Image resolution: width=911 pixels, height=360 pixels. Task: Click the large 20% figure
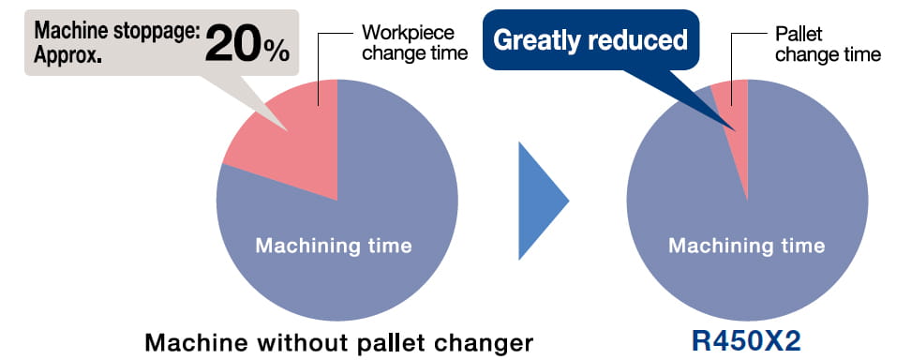[x=246, y=44]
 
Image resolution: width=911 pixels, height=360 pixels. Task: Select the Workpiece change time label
[x=414, y=42]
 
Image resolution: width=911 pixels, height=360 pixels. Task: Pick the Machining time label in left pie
[x=334, y=246]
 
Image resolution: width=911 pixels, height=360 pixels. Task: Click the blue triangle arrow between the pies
[x=541, y=201]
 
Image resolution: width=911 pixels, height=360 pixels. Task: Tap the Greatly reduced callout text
[x=590, y=40]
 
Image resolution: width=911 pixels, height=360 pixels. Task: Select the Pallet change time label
[x=828, y=44]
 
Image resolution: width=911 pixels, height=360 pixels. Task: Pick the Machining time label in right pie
[x=747, y=246]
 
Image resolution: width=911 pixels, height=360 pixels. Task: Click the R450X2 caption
[x=746, y=342]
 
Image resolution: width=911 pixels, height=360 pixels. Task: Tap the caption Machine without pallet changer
[x=338, y=343]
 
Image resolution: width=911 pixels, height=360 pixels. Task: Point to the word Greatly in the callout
[x=539, y=40]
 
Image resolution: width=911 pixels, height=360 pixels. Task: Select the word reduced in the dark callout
[x=640, y=39]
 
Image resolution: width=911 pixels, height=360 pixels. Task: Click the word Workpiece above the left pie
[x=408, y=33]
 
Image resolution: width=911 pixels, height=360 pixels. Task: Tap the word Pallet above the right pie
[x=799, y=35]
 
